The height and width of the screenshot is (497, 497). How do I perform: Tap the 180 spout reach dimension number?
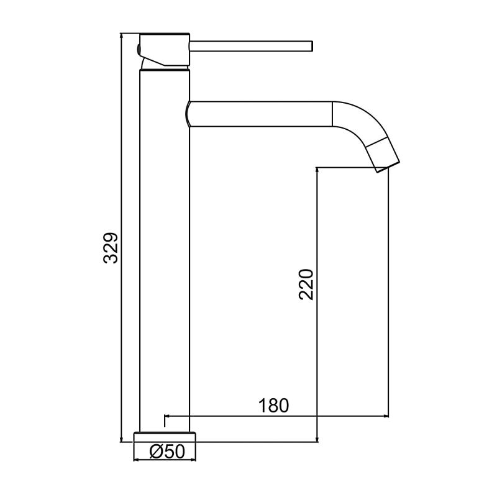[x=274, y=405]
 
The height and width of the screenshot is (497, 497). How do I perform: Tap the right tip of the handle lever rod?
[x=311, y=45]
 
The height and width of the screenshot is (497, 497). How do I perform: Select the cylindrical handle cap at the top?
[x=164, y=48]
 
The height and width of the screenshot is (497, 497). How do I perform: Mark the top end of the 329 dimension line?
[x=121, y=33]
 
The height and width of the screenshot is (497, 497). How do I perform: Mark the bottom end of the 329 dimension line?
[x=121, y=442]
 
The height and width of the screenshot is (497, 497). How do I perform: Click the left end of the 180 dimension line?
[x=164, y=416]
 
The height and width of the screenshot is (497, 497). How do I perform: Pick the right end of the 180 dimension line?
[x=389, y=416]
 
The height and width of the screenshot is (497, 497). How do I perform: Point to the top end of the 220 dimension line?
[x=317, y=167]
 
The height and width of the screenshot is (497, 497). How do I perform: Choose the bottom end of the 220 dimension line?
[x=317, y=442]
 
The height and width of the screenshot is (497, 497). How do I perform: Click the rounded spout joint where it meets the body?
[x=189, y=114]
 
